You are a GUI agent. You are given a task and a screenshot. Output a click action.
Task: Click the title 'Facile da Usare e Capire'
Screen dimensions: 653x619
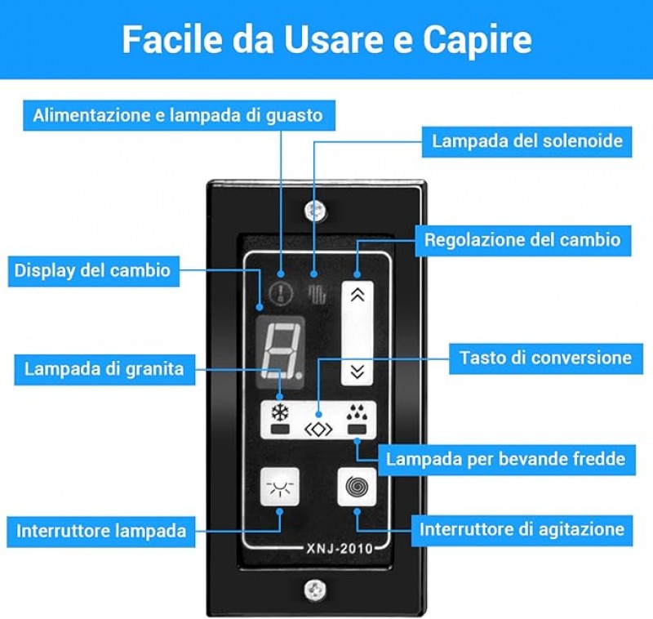point(327,40)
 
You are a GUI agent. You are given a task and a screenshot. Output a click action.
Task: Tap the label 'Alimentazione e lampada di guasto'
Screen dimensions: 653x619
point(179,115)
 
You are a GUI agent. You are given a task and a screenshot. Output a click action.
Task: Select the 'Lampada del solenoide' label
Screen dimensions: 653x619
point(526,141)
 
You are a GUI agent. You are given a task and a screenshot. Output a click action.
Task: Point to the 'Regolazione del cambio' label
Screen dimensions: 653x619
point(522,240)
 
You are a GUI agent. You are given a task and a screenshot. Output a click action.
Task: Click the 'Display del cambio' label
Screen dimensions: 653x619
point(93,271)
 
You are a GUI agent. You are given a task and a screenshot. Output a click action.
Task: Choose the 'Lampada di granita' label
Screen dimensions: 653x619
point(104,369)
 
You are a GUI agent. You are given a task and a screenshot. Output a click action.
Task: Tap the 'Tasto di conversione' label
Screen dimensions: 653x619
point(545,358)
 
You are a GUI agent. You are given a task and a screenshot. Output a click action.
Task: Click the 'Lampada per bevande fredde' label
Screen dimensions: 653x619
point(506,460)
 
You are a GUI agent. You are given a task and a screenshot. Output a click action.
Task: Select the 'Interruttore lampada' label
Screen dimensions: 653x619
point(101,531)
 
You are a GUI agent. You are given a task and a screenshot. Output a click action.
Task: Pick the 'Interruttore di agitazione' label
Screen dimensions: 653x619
point(522,530)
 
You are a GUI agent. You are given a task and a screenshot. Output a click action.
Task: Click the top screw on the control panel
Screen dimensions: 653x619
point(315,212)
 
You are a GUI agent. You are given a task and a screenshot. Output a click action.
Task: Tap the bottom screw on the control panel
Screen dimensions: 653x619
point(315,590)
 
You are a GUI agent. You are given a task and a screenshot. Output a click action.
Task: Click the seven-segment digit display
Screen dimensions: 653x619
point(280,352)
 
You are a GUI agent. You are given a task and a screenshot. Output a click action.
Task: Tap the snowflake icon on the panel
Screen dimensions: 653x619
point(280,412)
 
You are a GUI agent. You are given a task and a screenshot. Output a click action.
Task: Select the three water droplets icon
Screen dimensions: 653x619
point(357,412)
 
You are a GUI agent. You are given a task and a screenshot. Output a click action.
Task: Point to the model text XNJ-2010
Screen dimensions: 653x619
point(340,549)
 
